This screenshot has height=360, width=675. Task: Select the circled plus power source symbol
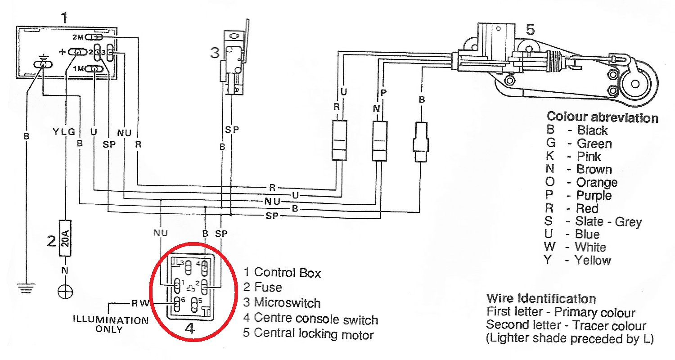(66, 291)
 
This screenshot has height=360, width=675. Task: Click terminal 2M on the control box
(96, 36)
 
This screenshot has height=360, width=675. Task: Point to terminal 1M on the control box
(96, 69)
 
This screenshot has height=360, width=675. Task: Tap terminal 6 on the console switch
(176, 304)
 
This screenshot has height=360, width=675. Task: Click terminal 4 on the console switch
(205, 267)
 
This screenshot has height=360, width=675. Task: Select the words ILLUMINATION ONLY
(110, 325)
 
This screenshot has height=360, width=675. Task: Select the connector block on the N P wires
(379, 140)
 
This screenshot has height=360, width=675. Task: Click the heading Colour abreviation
(602, 118)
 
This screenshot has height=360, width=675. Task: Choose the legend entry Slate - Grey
(608, 221)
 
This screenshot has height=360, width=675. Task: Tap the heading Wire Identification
(541, 299)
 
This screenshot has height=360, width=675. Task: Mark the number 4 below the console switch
(190, 329)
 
